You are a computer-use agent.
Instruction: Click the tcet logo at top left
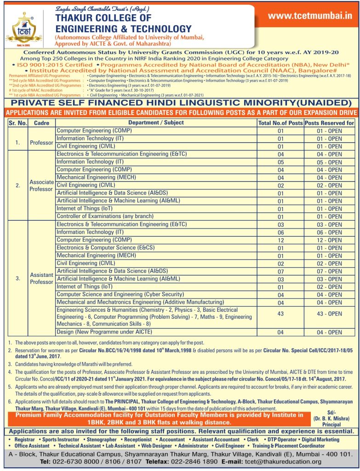point(21,26)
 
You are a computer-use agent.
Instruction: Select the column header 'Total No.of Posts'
point(280,123)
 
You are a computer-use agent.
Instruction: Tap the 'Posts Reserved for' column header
point(329,123)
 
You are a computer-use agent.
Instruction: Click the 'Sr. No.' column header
point(17,123)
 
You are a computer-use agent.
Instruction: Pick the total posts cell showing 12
point(280,240)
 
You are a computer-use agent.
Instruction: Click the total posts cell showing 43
point(280,314)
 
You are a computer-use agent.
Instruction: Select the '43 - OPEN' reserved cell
point(329,314)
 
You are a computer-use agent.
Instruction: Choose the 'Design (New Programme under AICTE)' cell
point(104,332)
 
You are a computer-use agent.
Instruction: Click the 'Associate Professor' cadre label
point(41,185)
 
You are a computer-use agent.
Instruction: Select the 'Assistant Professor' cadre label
point(41,278)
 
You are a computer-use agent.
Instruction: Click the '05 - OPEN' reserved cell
point(329,162)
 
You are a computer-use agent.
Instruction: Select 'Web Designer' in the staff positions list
point(156,446)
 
